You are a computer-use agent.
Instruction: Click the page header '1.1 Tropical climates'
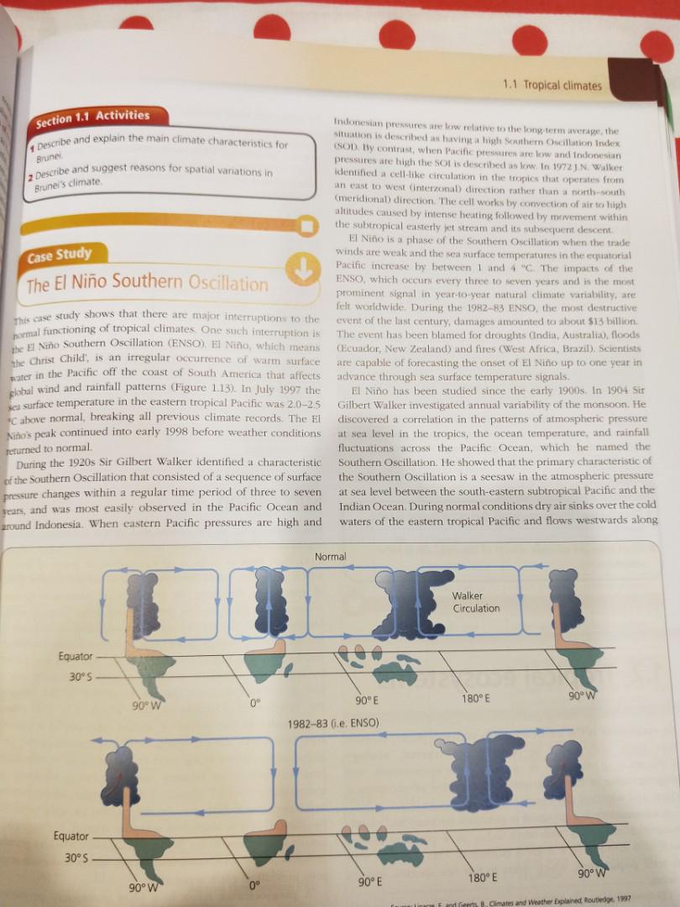pos(552,85)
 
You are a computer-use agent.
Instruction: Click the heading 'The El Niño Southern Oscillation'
pos(147,283)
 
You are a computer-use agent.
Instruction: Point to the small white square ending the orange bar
pos(308,225)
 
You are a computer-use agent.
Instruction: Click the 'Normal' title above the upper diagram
pos(329,557)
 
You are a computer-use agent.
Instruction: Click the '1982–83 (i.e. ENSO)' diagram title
pos(346,723)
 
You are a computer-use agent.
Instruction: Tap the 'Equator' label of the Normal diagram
pos(76,656)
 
